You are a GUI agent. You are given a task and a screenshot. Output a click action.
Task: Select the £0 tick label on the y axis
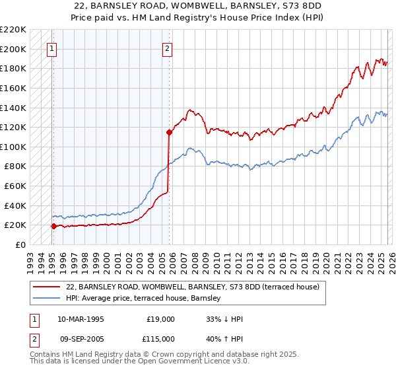click(20, 244)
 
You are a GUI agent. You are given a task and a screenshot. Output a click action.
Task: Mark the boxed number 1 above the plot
click(52, 48)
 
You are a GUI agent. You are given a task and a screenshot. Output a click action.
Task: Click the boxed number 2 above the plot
click(168, 48)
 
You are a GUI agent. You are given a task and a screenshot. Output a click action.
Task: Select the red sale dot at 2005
click(169, 132)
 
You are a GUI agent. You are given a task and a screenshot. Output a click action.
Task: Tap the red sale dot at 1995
click(53, 226)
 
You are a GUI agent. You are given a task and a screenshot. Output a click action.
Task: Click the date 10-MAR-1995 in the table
click(81, 318)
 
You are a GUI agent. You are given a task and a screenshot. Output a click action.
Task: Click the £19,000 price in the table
click(160, 318)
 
